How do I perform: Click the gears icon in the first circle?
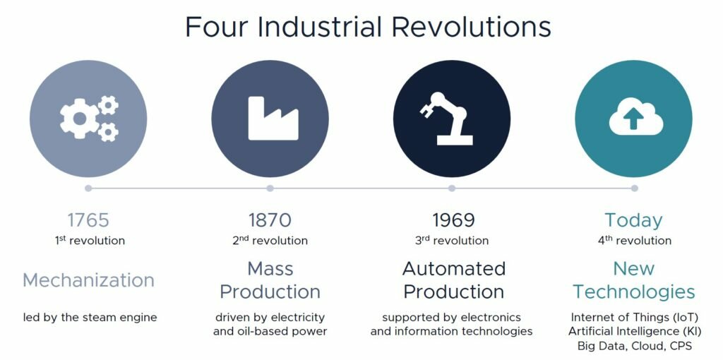89,119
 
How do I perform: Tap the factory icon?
273,119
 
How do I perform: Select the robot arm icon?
446,119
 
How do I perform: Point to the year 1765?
88,220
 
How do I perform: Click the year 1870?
270,220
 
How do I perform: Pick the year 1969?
453,220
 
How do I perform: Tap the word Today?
634,221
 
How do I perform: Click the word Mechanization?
88,280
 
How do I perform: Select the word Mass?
270,268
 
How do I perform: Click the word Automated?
454,268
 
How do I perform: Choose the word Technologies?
634,292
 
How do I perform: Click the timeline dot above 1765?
88,188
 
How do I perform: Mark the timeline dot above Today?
635,188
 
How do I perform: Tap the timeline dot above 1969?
452,188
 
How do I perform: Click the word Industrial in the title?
320,27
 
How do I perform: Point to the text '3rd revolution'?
452,240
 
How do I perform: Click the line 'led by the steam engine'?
90,318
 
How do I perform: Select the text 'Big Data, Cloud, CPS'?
635,346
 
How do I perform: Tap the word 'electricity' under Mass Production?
299,318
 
